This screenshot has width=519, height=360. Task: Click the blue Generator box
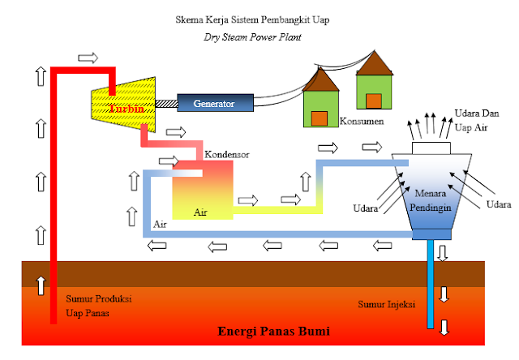click(x=214, y=104)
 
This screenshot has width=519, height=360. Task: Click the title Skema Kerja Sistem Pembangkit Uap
click(x=258, y=18)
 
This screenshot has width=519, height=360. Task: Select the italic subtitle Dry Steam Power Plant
click(x=258, y=35)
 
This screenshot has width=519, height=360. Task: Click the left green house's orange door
click(x=320, y=118)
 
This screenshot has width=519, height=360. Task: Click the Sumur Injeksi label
click(x=386, y=304)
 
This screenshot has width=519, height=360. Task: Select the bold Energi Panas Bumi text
click(x=275, y=332)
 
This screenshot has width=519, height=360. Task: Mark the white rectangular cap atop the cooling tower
click(x=431, y=148)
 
